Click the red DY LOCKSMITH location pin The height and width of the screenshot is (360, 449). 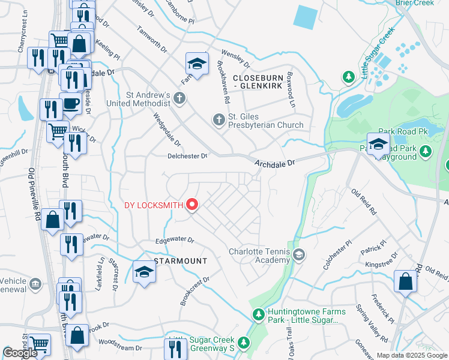(x=192, y=205)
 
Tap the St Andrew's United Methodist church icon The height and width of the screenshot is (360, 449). (x=178, y=98)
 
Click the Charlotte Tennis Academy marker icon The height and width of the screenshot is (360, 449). (x=298, y=256)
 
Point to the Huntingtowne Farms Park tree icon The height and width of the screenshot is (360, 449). (x=258, y=314)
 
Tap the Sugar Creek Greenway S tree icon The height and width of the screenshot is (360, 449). (x=243, y=343)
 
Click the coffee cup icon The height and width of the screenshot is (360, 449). (x=70, y=103)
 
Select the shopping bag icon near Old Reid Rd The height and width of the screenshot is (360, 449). (x=405, y=282)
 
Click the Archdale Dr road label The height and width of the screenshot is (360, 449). (x=274, y=163)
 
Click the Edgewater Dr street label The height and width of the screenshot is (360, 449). (x=175, y=240)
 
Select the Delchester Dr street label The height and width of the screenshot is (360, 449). (x=187, y=156)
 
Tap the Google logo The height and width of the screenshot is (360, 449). (x=20, y=353)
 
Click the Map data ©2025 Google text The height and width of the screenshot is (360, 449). (x=412, y=355)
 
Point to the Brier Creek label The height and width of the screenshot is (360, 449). (x=414, y=3)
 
